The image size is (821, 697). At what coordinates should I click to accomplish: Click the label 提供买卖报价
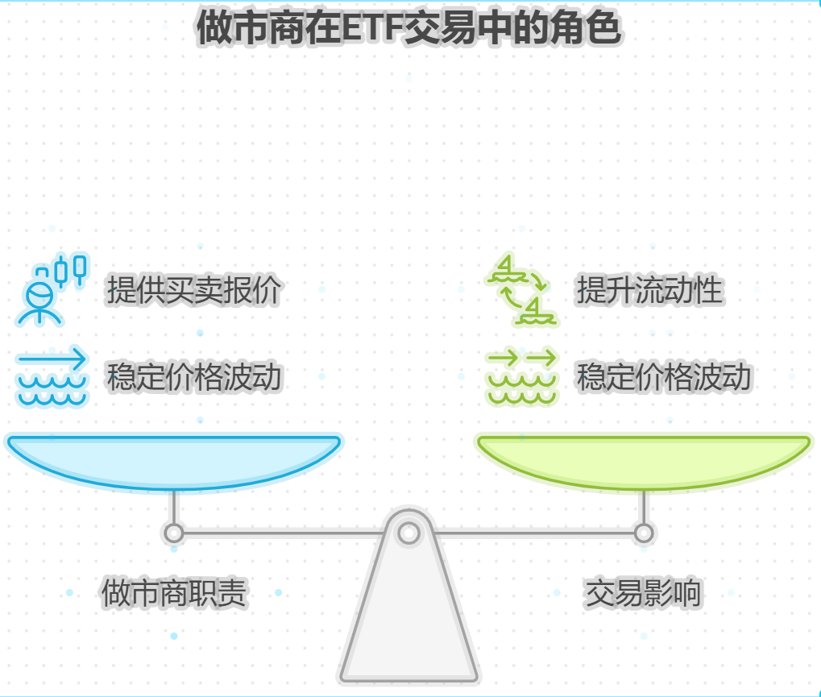[193, 290]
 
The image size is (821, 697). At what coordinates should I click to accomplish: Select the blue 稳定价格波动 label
[193, 376]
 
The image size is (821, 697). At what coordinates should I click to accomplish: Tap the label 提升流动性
[649, 290]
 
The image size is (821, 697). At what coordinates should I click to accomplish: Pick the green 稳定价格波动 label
[664, 376]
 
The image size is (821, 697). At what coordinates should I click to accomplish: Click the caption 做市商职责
[174, 594]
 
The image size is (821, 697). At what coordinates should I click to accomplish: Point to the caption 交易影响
[643, 594]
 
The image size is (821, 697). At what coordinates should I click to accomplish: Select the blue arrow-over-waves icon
[52, 376]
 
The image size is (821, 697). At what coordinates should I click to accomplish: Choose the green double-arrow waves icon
[521, 376]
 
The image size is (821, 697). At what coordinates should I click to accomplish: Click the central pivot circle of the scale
[408, 533]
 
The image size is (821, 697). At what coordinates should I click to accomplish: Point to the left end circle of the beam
[173, 533]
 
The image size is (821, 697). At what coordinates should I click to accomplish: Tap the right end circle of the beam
[643, 533]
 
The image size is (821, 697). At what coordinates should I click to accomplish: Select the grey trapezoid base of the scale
[408, 620]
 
